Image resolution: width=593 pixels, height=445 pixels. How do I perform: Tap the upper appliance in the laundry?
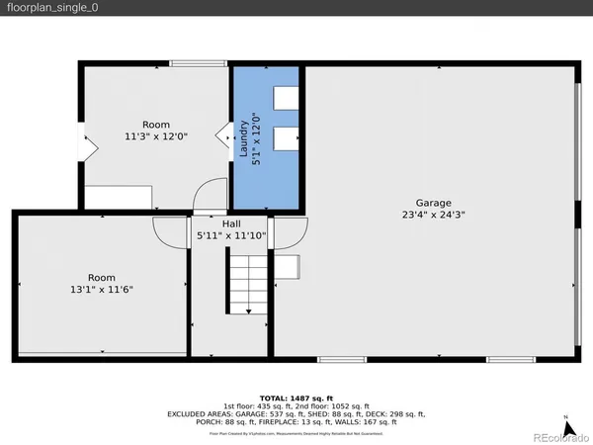point(286,97)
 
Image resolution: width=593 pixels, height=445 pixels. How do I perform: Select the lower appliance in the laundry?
point(286,137)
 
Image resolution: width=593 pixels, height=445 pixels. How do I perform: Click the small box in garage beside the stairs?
point(288,268)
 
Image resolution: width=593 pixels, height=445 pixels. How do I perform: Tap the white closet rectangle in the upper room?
point(118,197)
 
